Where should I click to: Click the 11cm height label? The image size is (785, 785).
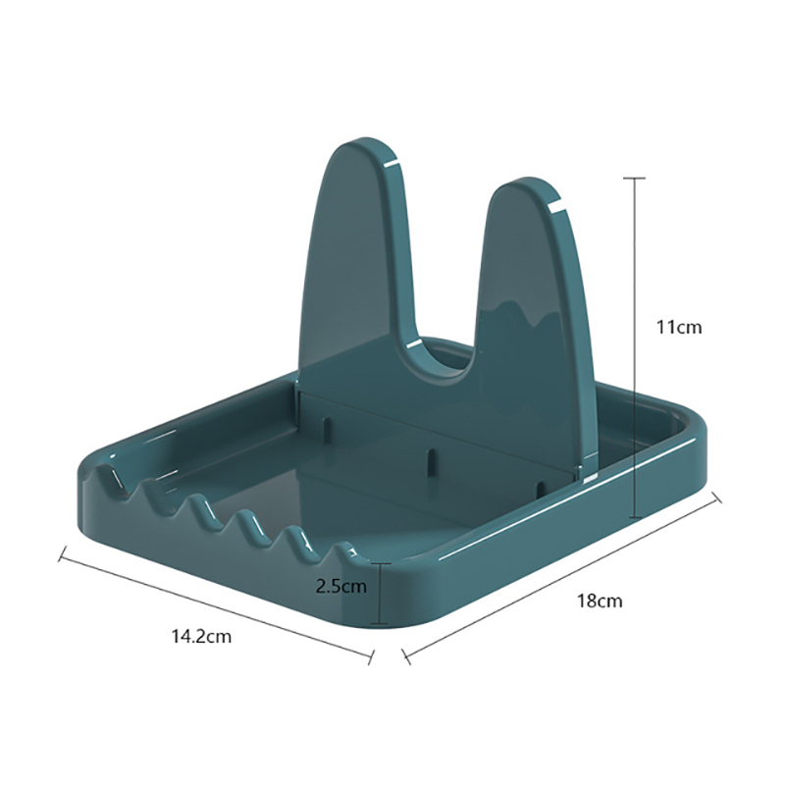point(679,328)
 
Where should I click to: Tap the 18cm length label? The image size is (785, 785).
point(600,601)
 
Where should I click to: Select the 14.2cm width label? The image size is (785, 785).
point(202,636)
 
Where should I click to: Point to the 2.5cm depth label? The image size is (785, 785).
point(341,586)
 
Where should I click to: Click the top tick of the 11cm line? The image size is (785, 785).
point(635,178)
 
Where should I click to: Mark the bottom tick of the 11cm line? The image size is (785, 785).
point(635,517)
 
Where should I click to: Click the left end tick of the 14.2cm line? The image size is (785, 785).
point(63,553)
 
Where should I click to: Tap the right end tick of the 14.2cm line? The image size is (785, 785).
point(372,657)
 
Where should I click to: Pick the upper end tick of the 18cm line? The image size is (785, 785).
point(716,497)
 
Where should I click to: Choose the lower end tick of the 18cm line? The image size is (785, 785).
point(406,656)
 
